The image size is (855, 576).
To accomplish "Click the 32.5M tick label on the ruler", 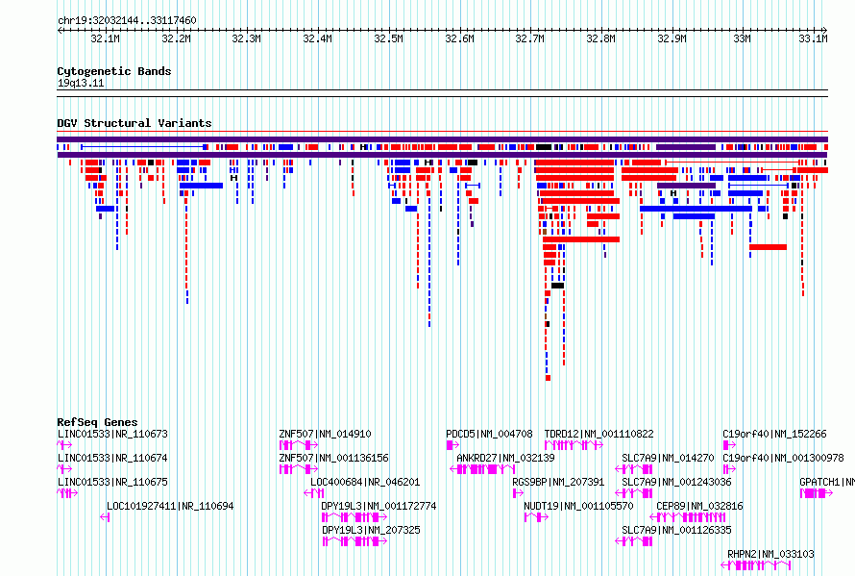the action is click(x=388, y=38).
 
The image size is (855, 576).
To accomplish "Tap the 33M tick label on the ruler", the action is click(x=742, y=38).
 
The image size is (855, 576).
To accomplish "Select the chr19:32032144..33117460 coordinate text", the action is click(x=127, y=21).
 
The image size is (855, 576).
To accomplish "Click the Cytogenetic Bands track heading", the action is click(x=114, y=71).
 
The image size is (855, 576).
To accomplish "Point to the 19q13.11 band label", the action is click(x=81, y=83).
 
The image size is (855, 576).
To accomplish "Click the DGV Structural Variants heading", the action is click(x=134, y=123).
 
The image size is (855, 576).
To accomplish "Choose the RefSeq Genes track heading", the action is click(x=97, y=422).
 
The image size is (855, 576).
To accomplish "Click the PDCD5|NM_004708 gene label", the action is click(x=489, y=434).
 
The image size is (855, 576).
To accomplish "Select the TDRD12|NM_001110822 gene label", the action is click(x=598, y=434).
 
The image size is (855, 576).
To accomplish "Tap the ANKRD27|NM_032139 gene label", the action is click(x=505, y=458).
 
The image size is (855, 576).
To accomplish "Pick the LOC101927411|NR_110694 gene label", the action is click(x=170, y=506).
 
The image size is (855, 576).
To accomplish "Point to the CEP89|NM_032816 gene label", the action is click(x=699, y=506).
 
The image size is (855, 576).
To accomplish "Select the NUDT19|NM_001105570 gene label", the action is click(x=578, y=506).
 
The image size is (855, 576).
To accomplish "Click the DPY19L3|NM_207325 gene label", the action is click(x=371, y=530).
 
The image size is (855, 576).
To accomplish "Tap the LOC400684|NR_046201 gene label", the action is click(x=365, y=482).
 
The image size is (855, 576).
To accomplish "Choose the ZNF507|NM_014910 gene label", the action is click(x=325, y=434).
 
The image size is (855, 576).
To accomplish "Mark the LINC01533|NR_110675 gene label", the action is click(x=112, y=482).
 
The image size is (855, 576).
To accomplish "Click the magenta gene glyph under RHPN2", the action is click(x=756, y=565).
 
